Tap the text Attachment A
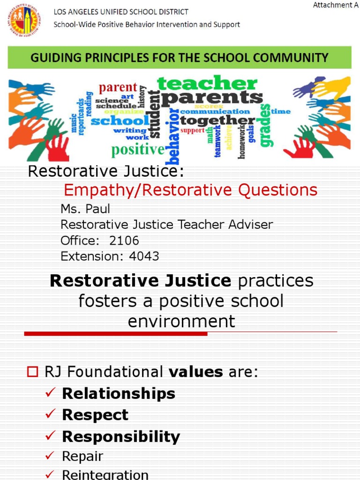[x=332, y=5]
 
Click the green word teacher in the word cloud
[x=207, y=83]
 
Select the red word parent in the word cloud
[x=118, y=88]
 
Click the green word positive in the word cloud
[x=138, y=150]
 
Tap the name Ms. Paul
[x=85, y=209]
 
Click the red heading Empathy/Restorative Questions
[x=190, y=190]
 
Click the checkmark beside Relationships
[x=51, y=393]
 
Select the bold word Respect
[x=95, y=415]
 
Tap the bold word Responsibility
[x=121, y=437]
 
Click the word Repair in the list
[x=82, y=456]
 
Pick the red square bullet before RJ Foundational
[x=32, y=372]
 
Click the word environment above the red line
[x=181, y=322]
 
